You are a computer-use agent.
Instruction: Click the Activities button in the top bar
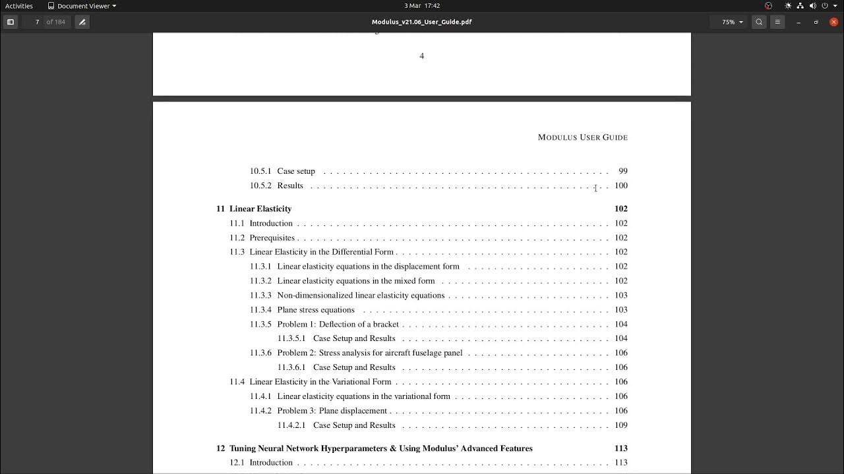pos(19,6)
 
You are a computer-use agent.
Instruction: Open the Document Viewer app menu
pos(82,6)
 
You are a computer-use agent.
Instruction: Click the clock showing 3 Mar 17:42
pos(422,6)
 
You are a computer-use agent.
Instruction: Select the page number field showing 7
pos(37,22)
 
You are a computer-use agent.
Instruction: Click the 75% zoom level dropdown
pos(732,22)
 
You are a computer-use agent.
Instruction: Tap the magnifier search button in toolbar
pos(759,22)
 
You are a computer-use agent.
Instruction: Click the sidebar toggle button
pos(11,22)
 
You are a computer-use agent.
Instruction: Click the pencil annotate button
pos(82,22)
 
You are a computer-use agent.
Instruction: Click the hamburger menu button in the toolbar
pos(777,22)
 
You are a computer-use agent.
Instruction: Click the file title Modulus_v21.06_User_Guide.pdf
pos(422,22)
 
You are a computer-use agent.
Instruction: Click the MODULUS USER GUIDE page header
pos(582,138)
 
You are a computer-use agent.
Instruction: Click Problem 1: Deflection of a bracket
pos(338,325)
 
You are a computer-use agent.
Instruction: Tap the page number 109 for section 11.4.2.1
pos(620,425)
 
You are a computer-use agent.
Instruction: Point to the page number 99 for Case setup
pos(623,171)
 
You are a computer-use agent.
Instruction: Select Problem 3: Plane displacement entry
pos(332,411)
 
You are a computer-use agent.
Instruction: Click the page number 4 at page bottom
pos(422,56)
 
